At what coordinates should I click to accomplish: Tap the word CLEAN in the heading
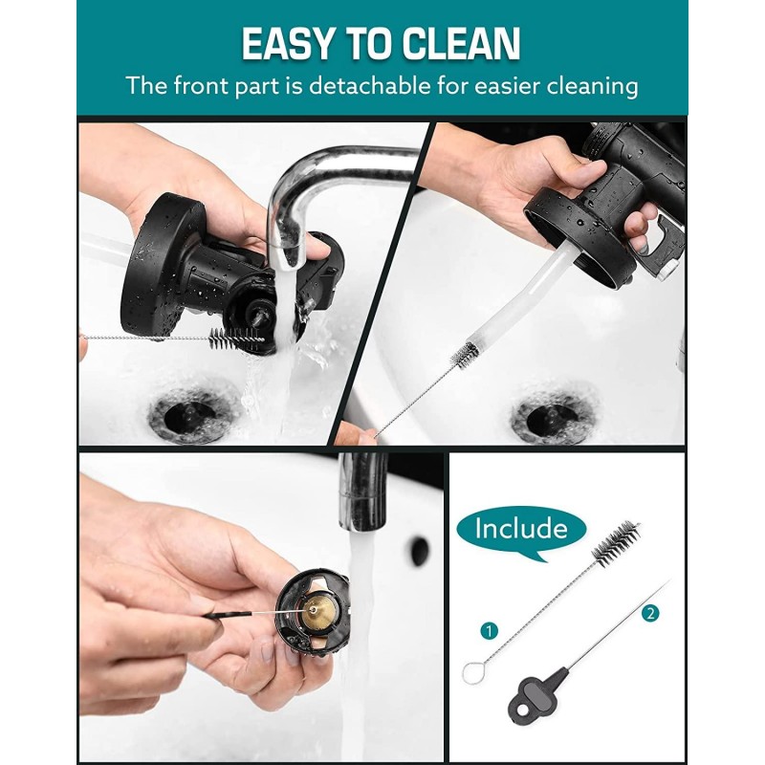(x=463, y=44)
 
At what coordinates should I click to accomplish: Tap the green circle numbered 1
(x=491, y=631)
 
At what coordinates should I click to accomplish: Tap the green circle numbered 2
(x=651, y=614)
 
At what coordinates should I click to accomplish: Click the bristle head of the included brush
(x=614, y=541)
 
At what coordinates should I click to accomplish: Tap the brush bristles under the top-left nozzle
(x=234, y=337)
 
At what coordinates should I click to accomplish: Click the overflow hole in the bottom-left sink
(x=419, y=551)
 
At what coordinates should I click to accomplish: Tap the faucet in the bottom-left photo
(x=362, y=488)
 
